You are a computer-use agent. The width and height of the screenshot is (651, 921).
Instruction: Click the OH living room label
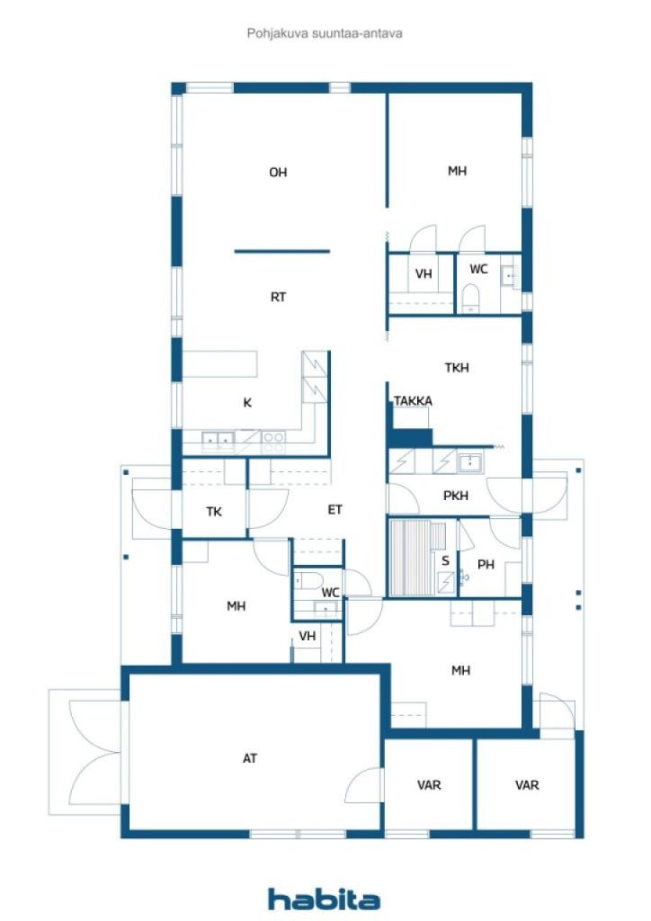click(278, 172)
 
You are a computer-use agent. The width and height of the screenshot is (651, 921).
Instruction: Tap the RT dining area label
click(278, 297)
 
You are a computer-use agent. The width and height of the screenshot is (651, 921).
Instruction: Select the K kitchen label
click(247, 402)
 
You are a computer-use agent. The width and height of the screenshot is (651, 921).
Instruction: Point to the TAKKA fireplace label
click(414, 400)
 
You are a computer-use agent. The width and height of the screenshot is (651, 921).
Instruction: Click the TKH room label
click(457, 368)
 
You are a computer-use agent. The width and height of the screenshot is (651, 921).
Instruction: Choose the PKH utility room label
click(456, 496)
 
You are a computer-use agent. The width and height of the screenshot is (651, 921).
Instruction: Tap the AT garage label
click(250, 758)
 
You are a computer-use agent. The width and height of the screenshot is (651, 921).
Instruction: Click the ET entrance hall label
click(334, 510)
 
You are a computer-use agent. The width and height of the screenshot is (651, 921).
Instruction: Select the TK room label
click(214, 512)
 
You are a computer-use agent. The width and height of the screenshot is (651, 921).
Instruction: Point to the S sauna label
click(446, 560)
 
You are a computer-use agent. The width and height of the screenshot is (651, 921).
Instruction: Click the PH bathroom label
click(486, 565)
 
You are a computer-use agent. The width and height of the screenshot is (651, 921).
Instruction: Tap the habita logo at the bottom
click(324, 899)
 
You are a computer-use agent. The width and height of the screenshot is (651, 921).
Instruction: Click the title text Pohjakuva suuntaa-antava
click(325, 33)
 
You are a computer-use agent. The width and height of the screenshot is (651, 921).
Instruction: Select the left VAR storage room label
click(429, 784)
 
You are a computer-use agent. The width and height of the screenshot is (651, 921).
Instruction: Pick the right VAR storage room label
click(527, 784)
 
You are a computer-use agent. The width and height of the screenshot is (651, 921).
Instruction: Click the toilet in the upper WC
click(470, 299)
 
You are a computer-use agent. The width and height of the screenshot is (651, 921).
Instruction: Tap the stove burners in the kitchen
click(273, 441)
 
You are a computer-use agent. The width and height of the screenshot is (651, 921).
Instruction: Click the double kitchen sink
click(218, 439)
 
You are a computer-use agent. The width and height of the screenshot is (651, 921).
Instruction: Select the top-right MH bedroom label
click(458, 171)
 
